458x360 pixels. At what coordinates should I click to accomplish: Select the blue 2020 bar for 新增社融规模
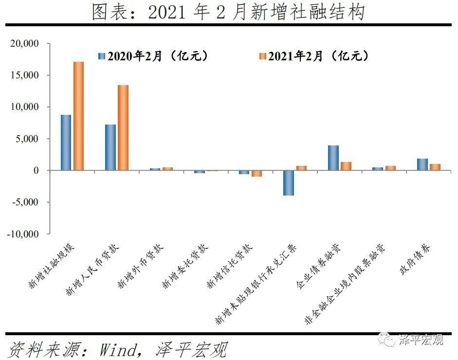click(66, 143)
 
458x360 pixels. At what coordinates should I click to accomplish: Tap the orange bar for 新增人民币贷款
click(123, 127)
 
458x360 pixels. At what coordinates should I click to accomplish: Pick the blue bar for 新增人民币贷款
click(110, 147)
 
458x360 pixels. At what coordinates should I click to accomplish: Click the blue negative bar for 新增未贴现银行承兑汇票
click(289, 183)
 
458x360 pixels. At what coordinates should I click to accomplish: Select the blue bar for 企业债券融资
click(333, 158)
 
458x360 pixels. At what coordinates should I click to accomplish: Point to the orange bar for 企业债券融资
click(346, 166)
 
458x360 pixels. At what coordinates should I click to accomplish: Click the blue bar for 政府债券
click(422, 164)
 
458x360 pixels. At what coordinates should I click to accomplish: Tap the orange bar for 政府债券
click(435, 167)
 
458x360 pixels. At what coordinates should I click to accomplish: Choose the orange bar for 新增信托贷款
click(257, 173)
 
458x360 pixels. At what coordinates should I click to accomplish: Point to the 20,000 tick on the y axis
click(24, 44)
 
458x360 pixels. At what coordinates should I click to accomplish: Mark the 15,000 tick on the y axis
click(24, 75)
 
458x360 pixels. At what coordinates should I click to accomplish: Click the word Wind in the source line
click(120, 349)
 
